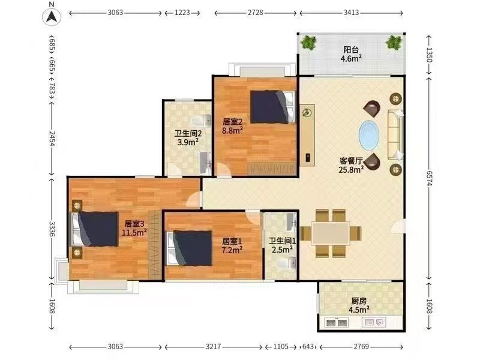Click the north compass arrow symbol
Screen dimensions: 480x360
click(x=51, y=17)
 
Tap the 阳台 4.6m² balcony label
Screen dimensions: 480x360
click(x=351, y=54)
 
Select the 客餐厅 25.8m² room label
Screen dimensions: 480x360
click(x=351, y=165)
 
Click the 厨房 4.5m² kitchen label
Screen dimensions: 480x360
click(x=359, y=305)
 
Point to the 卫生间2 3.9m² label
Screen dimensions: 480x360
click(x=188, y=137)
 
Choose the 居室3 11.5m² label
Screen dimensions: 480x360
click(x=134, y=228)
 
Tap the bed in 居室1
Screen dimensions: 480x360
click(x=190, y=248)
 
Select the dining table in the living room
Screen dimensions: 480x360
click(x=331, y=233)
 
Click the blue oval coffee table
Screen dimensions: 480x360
click(x=369, y=136)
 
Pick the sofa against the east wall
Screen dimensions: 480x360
click(x=395, y=134)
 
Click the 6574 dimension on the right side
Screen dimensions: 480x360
click(x=429, y=178)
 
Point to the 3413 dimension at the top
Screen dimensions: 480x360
click(x=351, y=13)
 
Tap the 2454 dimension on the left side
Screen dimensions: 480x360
click(x=52, y=139)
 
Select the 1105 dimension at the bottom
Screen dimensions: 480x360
click(x=281, y=347)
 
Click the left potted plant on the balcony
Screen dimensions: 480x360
click(x=308, y=42)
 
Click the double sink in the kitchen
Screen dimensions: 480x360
click(x=337, y=322)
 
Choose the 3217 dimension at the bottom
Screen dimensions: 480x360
click(x=214, y=347)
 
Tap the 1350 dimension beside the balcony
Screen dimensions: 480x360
click(x=429, y=55)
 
